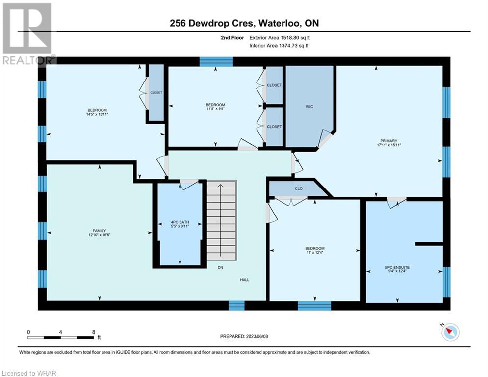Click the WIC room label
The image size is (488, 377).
pos(309,107)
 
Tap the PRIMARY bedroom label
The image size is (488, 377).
pos(389,141)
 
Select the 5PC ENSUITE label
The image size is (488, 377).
pos(397,267)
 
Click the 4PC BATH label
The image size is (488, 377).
pos(180,222)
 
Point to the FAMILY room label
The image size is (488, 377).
pos(99,231)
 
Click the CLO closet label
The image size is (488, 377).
pos(299,188)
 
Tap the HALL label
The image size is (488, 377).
pos(245,280)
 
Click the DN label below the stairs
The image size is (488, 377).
pos(220,268)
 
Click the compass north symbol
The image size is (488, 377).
pos(450,332)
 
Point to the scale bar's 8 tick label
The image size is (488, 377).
pos(94,332)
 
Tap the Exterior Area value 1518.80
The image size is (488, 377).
pos(290,38)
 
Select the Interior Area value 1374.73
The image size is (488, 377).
pos(288,46)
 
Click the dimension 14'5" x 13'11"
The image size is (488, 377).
pos(97,114)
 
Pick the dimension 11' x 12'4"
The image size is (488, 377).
pos(315,253)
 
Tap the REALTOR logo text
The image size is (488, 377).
pos(28,60)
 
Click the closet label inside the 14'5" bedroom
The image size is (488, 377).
pos(156,93)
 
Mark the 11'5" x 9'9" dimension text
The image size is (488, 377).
pos(215,109)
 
